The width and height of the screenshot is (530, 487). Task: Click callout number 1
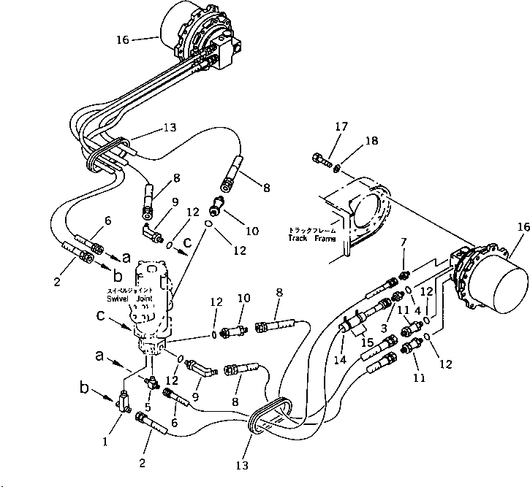tap(106, 441)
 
